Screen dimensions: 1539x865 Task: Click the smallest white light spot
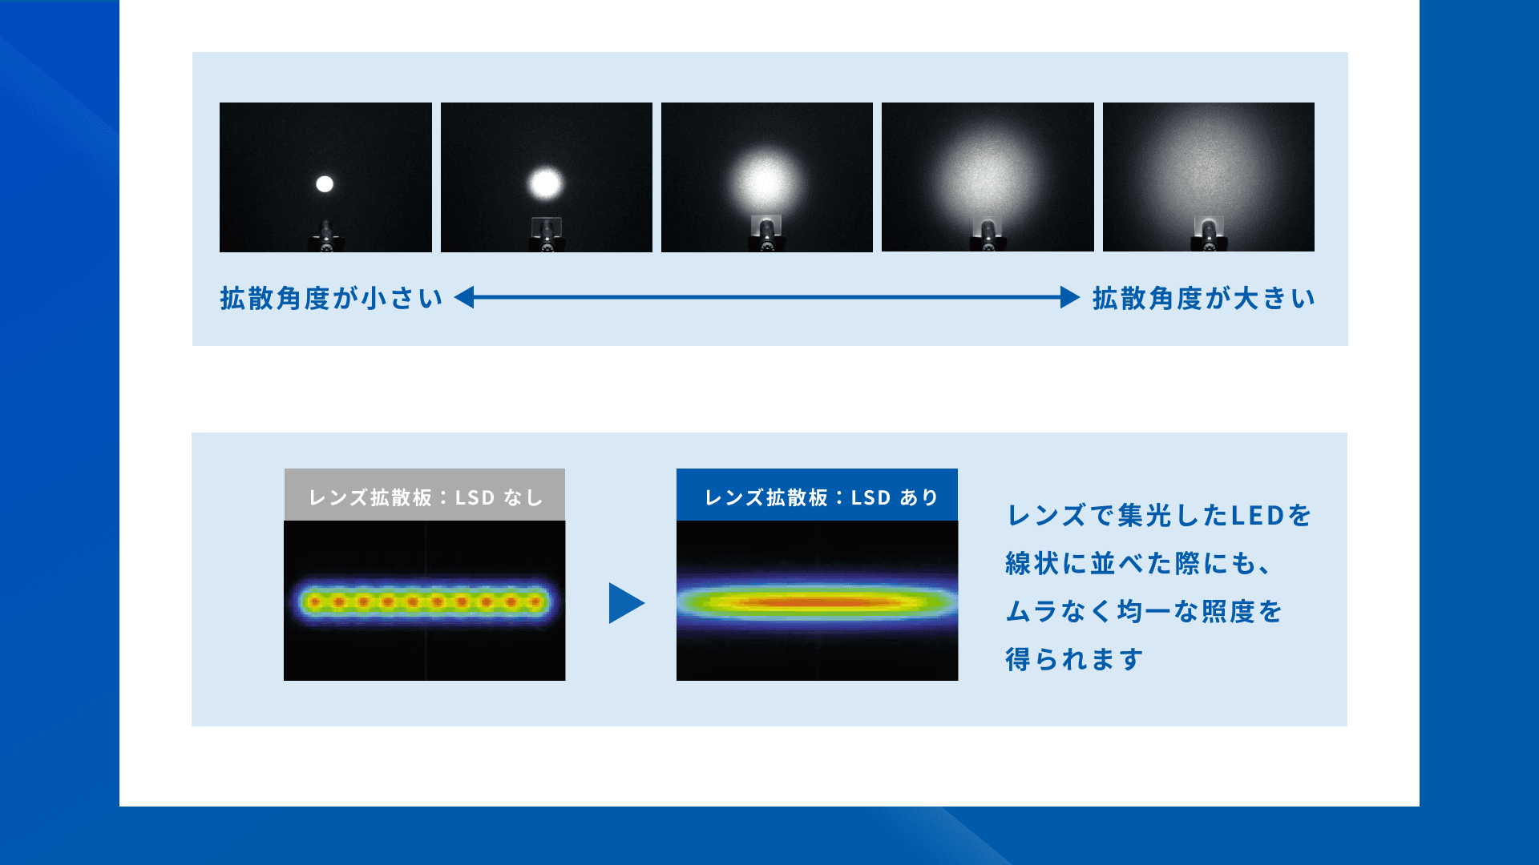325,184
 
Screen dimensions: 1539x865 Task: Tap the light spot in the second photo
546,183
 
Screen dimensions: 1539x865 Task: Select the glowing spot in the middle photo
765,182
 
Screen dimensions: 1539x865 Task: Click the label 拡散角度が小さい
331,298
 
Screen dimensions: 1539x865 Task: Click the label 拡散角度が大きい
1203,298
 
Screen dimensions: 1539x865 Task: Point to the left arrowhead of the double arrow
464,297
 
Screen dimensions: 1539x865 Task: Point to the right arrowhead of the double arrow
1070,297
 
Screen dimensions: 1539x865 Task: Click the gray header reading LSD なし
425,495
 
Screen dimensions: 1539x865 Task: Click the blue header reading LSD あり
817,495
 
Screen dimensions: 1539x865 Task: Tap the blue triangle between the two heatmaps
625,603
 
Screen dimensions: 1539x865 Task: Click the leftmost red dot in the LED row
315,601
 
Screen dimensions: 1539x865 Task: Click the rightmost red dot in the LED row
535,601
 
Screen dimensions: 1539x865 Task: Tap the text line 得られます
1074,659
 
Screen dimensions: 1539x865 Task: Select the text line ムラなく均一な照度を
1144,611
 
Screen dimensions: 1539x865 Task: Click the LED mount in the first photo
326,238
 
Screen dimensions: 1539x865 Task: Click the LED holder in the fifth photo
1208,236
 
